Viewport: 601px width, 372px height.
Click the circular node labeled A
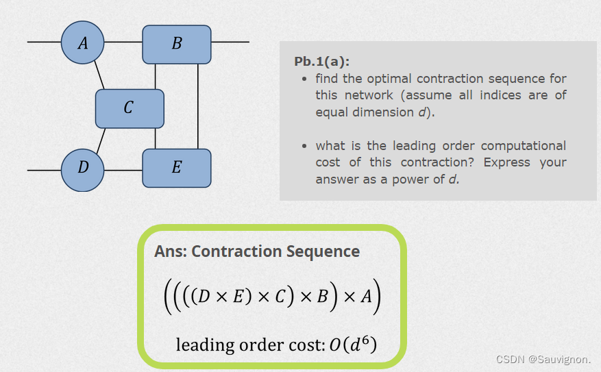(x=83, y=42)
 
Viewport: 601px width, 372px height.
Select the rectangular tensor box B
(x=177, y=44)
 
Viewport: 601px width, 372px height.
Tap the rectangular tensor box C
(x=130, y=108)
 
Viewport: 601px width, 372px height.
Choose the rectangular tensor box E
(x=177, y=168)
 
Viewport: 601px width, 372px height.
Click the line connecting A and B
(x=123, y=42)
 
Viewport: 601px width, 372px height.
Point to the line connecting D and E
(x=123, y=169)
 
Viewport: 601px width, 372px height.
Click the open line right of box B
(x=230, y=42)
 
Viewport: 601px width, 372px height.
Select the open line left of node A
(x=44, y=42)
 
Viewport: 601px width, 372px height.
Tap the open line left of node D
(x=44, y=169)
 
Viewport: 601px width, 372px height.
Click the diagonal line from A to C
(x=99, y=75)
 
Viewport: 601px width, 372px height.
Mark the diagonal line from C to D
(x=100, y=140)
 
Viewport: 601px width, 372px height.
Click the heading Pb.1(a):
(x=321, y=61)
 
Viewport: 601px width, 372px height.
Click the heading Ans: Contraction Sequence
(x=257, y=251)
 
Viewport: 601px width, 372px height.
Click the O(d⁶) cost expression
(x=352, y=345)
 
